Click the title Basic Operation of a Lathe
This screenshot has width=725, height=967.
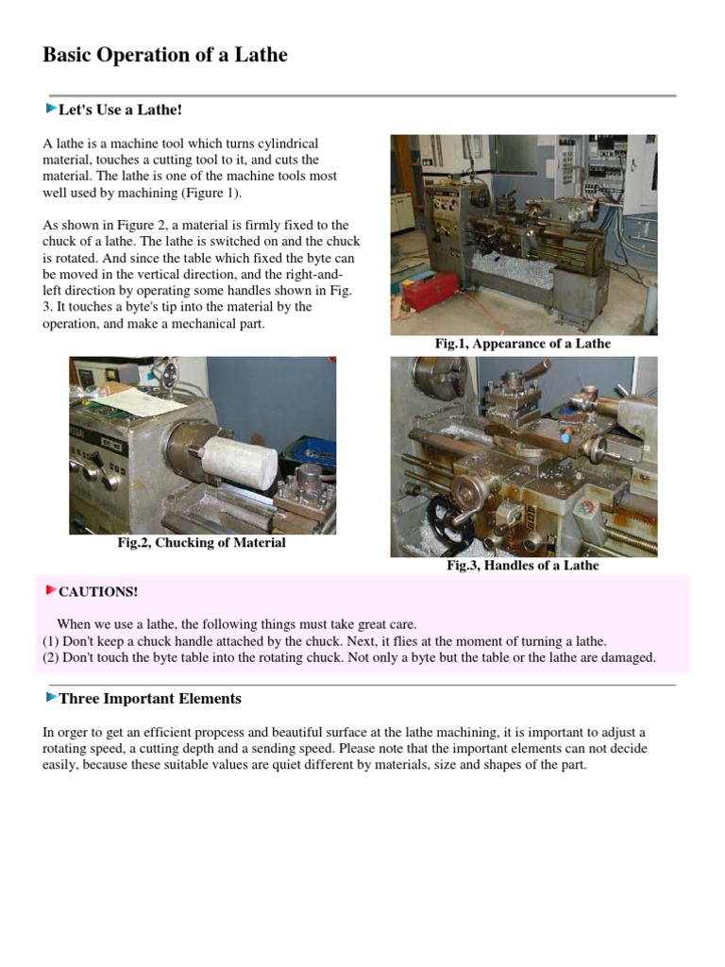[165, 55]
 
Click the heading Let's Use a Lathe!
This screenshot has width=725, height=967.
[120, 110]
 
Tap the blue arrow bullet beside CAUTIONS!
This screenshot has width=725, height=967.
[51, 591]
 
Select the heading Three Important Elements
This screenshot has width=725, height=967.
[150, 699]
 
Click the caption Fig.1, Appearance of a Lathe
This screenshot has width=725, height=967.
[522, 344]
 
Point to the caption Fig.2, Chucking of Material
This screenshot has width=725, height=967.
[201, 543]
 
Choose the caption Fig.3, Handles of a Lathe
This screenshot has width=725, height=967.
[522, 566]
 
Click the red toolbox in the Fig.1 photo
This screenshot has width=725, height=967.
[430, 290]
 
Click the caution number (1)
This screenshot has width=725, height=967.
[51, 640]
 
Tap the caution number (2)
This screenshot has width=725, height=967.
[51, 657]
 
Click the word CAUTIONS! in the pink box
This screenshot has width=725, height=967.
[98, 592]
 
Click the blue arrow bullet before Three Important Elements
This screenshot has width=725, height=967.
[51, 698]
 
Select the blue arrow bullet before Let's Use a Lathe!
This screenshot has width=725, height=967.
[51, 109]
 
